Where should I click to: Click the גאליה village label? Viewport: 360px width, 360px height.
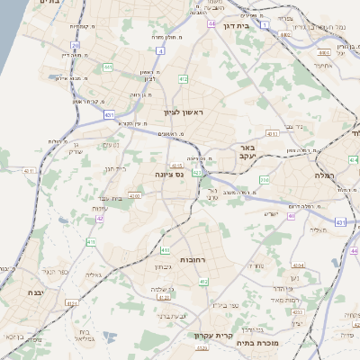click(96, 274)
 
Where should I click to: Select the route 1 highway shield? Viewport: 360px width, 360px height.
click(265, 24)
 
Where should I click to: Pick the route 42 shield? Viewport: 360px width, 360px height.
click(100, 218)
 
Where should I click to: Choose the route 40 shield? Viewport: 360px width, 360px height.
click(291, 216)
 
